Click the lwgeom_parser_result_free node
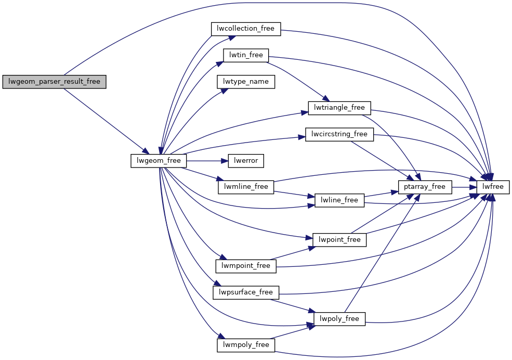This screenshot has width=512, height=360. (x=54, y=82)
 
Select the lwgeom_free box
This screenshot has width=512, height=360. (x=159, y=161)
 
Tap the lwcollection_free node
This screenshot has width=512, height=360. (x=246, y=28)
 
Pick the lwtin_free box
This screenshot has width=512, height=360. (x=246, y=55)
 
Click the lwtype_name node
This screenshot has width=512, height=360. (x=246, y=82)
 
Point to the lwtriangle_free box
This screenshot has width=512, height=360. (x=339, y=108)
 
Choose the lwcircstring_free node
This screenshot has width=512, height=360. (x=339, y=134)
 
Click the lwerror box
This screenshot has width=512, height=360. (x=246, y=161)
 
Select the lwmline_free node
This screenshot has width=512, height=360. (x=246, y=187)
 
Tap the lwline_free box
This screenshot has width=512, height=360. (x=339, y=200)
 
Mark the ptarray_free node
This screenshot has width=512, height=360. (x=425, y=187)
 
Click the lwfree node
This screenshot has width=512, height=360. (x=493, y=187)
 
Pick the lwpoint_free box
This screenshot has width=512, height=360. (x=339, y=239)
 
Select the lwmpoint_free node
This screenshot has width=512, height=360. (x=246, y=266)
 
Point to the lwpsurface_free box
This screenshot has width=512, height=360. (x=246, y=292)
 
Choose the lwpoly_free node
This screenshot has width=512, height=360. (x=339, y=318)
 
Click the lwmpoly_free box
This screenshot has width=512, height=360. (x=246, y=345)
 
